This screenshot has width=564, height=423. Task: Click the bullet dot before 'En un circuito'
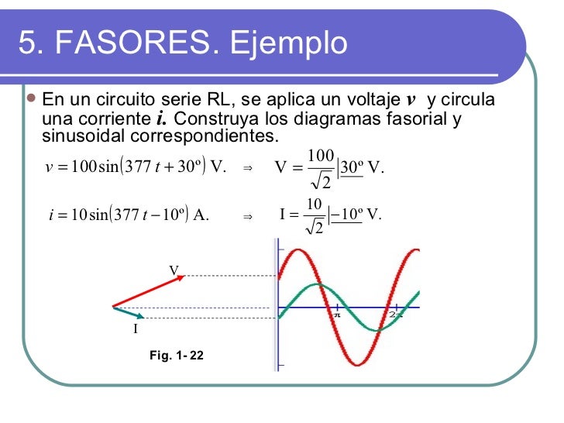point(31,100)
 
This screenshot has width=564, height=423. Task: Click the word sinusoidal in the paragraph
point(85,137)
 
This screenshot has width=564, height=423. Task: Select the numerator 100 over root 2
point(320,156)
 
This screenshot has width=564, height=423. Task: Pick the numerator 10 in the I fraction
point(314,204)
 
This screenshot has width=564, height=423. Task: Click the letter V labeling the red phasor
point(174,269)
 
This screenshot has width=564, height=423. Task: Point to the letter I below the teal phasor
point(135,329)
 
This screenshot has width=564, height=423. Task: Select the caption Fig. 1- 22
point(177,355)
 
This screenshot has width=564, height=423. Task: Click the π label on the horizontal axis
point(338,315)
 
